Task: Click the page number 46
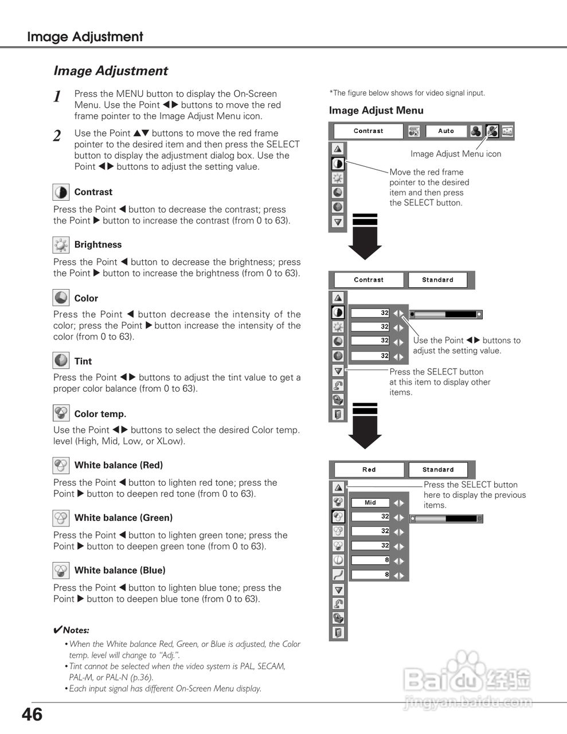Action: click(x=32, y=715)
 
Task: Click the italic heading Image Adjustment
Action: click(x=111, y=71)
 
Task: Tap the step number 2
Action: click(x=57, y=136)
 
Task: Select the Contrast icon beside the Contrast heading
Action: click(x=61, y=192)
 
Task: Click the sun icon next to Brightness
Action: click(x=61, y=245)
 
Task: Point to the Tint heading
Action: click(x=83, y=361)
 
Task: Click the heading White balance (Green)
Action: click(x=123, y=518)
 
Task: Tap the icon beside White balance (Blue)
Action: click(x=61, y=571)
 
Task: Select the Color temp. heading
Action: click(x=100, y=414)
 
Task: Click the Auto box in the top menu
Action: click(x=446, y=131)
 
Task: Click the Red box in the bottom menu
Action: click(x=369, y=470)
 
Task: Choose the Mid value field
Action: click(x=370, y=503)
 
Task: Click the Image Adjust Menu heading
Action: click(x=376, y=111)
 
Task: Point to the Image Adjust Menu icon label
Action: click(x=456, y=154)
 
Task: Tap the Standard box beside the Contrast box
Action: click(x=437, y=280)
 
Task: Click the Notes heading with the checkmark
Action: click(x=71, y=630)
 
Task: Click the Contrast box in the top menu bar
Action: click(x=369, y=131)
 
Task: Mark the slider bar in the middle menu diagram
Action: click(x=447, y=314)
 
